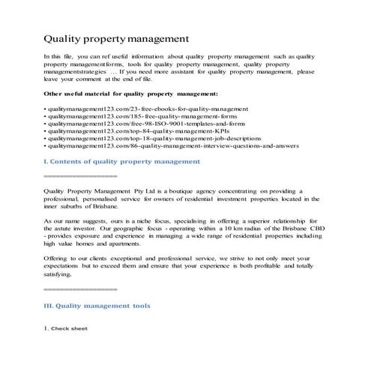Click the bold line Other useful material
131,94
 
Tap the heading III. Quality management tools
97,306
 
